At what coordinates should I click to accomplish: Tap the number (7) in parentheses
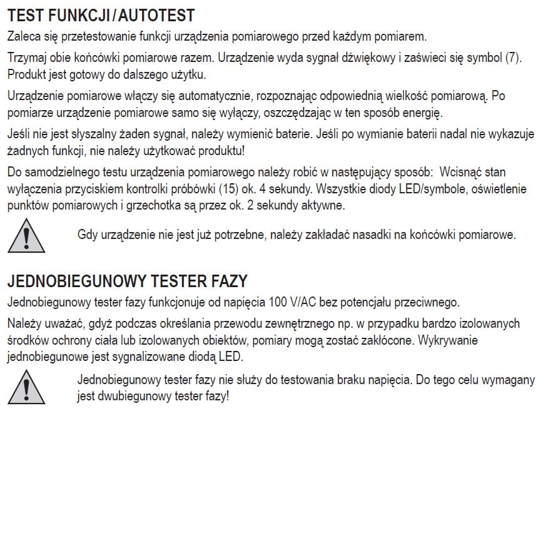(513, 58)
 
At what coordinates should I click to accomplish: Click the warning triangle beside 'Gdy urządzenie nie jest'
(26, 236)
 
